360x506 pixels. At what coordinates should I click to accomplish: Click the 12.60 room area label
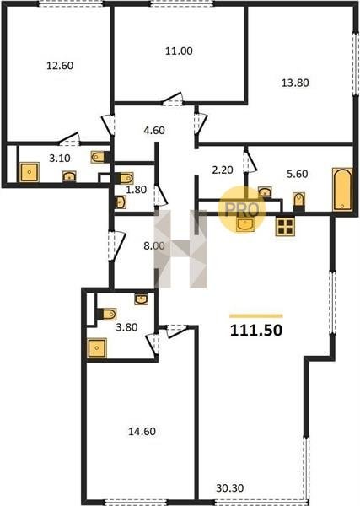tap(60, 66)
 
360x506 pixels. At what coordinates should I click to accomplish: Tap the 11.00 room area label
tap(179, 51)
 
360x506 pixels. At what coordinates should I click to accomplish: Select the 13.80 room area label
tap(295, 83)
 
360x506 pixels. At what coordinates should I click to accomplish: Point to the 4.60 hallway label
tap(154, 131)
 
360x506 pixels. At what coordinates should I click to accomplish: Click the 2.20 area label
tap(223, 170)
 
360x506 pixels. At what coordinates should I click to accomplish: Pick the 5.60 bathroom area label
tap(298, 174)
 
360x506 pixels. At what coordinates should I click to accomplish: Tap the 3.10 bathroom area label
tap(60, 159)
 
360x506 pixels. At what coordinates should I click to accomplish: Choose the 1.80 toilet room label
tap(136, 190)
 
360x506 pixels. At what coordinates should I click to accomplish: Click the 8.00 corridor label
tap(154, 246)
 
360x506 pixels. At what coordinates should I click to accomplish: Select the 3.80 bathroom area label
tap(126, 327)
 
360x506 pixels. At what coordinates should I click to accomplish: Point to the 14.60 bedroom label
tap(142, 432)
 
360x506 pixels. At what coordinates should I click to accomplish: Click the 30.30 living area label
tap(229, 488)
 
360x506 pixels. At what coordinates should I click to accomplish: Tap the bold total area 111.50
tap(256, 330)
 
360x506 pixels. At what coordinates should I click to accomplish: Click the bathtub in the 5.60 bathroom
tap(342, 189)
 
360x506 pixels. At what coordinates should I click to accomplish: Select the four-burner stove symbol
tap(285, 226)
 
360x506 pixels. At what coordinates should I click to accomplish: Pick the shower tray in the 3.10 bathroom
tap(30, 172)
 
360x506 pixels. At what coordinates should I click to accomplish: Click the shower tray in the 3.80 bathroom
tap(96, 347)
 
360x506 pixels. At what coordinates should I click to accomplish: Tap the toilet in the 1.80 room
tap(125, 178)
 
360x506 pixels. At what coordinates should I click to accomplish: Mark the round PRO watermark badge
tap(242, 209)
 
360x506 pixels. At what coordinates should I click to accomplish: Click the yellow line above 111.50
tap(256, 316)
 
